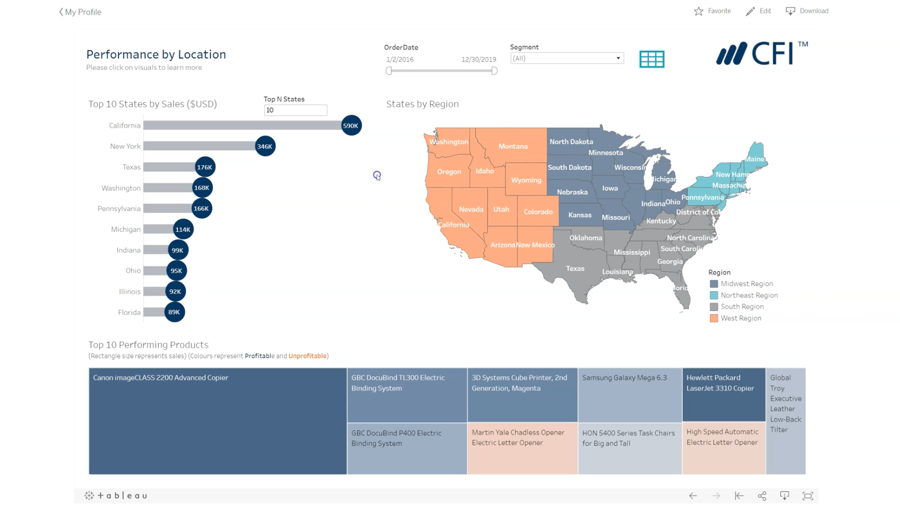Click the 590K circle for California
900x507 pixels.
(351, 126)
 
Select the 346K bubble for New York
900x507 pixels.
(265, 146)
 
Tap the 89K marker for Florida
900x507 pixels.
(174, 312)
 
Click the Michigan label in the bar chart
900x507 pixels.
(126, 229)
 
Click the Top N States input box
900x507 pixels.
(295, 110)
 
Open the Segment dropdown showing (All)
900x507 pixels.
(567, 59)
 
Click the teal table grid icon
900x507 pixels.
(652, 59)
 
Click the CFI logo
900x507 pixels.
(762, 53)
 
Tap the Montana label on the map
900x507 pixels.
(513, 146)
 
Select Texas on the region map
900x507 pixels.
(575, 269)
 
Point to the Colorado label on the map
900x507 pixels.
(538, 212)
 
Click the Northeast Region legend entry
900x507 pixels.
(748, 295)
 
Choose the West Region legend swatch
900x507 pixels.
(714, 318)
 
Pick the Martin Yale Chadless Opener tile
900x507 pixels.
(522, 448)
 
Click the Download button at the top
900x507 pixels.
(807, 11)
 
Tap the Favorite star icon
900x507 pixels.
(698, 11)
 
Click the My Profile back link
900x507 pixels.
(80, 12)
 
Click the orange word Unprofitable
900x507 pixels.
(307, 356)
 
